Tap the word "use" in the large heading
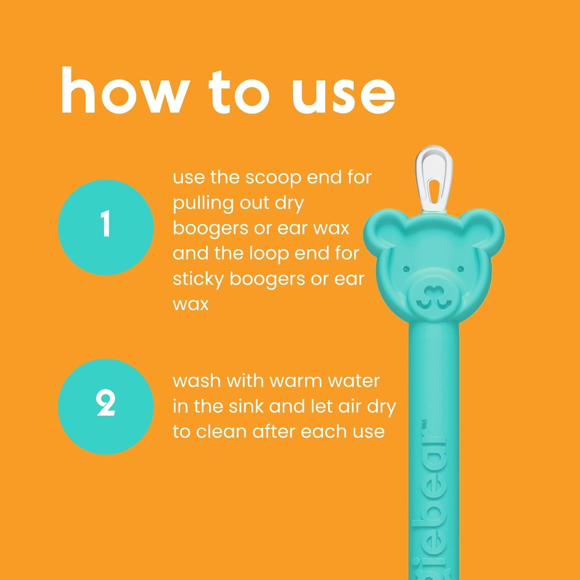click(x=344, y=93)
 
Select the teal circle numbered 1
click(x=106, y=227)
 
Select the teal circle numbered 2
click(x=106, y=406)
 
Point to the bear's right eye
click(x=460, y=268)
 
